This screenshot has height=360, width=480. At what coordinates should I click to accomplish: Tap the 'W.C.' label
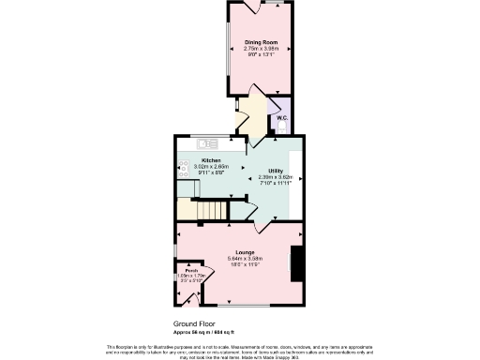click(x=281, y=117)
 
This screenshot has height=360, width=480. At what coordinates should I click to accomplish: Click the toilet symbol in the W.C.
click(x=282, y=106)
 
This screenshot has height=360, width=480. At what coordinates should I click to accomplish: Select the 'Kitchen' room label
click(x=211, y=160)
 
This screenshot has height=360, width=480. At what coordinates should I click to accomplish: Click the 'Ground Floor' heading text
click(x=194, y=323)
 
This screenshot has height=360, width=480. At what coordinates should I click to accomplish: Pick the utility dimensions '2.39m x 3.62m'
click(x=276, y=176)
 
